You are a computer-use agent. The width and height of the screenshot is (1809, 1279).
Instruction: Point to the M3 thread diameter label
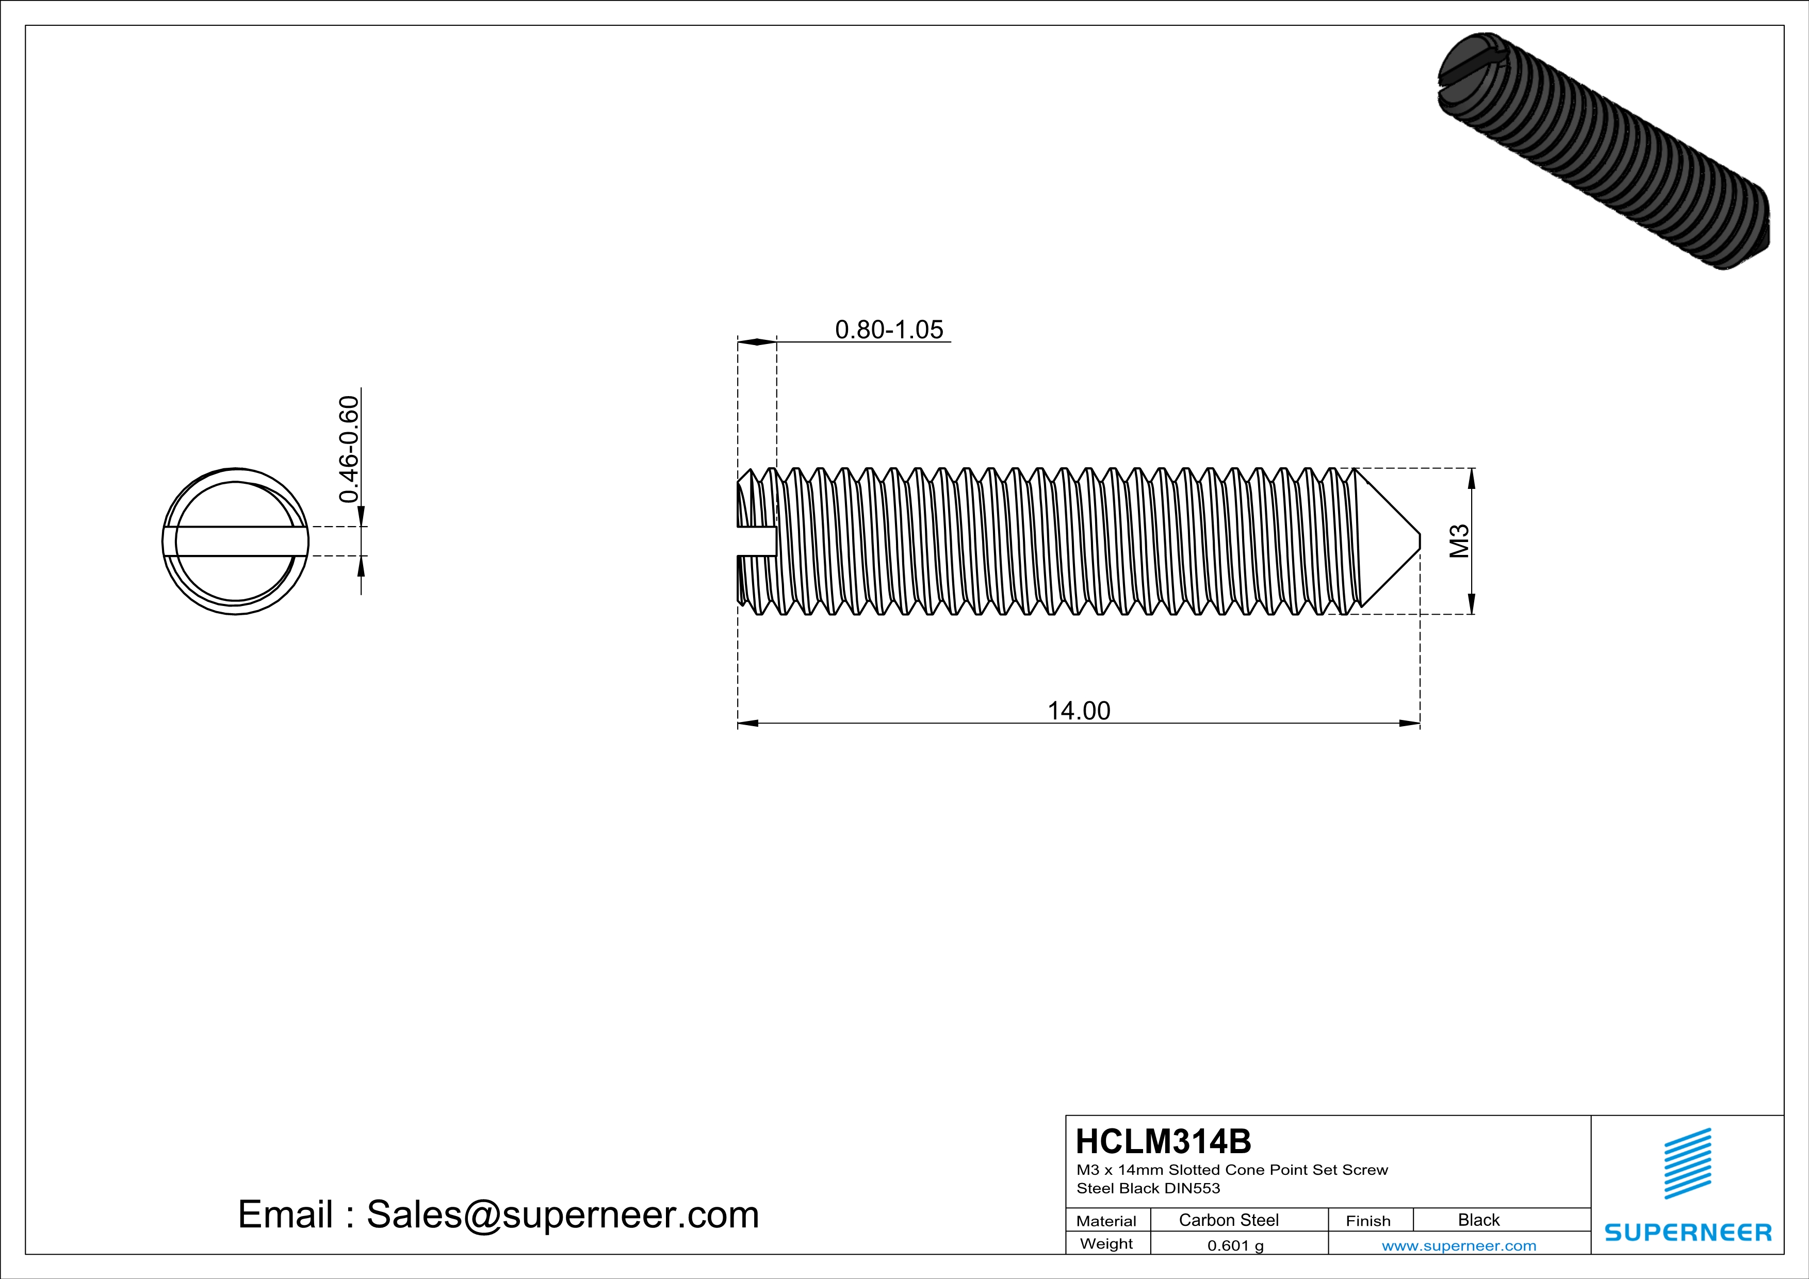click(x=1460, y=541)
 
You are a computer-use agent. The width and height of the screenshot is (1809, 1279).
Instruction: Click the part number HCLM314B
click(x=1163, y=1141)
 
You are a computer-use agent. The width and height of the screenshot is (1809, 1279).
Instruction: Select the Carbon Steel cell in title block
click(x=1228, y=1220)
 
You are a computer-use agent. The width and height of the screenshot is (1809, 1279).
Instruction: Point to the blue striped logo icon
click(x=1688, y=1163)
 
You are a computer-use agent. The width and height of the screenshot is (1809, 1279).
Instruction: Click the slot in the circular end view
click(x=236, y=541)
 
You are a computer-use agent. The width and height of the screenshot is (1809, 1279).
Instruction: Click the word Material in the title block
click(x=1106, y=1221)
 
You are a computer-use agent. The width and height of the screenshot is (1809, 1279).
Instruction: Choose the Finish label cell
click(x=1368, y=1221)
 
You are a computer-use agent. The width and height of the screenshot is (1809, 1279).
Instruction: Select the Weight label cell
click(x=1106, y=1243)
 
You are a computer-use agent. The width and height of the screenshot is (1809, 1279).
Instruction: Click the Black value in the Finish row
click(x=1478, y=1220)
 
